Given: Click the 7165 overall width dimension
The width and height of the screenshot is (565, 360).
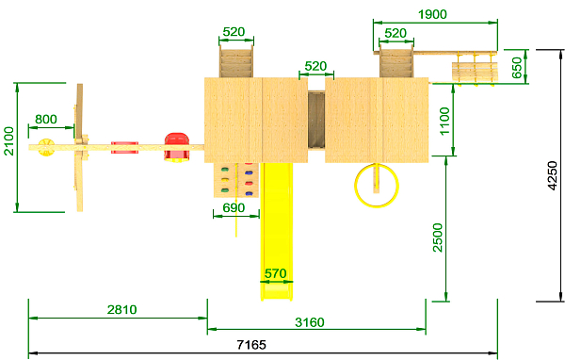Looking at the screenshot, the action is (x=251, y=345).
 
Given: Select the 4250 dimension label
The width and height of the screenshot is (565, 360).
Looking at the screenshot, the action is (x=553, y=175).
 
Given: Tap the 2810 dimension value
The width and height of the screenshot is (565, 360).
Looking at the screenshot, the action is (x=122, y=309).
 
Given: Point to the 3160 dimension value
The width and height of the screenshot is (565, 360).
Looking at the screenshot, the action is (x=310, y=322).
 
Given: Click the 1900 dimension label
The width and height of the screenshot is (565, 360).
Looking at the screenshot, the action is (x=432, y=14).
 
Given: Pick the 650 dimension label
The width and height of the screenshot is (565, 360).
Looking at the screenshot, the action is (x=517, y=68).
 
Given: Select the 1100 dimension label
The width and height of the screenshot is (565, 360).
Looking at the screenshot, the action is (x=444, y=121).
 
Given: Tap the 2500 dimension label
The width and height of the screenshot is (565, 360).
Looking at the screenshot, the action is (x=438, y=237).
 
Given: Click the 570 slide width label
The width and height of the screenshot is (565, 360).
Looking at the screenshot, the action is (x=276, y=273).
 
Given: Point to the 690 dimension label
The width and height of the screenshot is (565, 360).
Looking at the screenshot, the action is (x=234, y=207).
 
